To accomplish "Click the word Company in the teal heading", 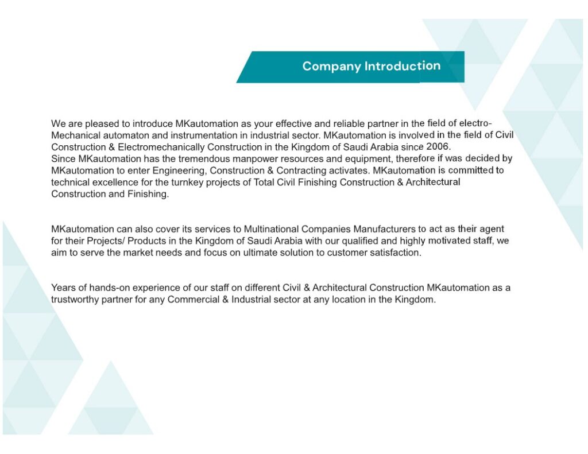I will pyautogui.click(x=331, y=67).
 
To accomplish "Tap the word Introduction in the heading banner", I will pyautogui.click(x=403, y=66).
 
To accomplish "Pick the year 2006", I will pyautogui.click(x=438, y=146).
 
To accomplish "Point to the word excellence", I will pyautogui.click(x=115, y=183).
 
